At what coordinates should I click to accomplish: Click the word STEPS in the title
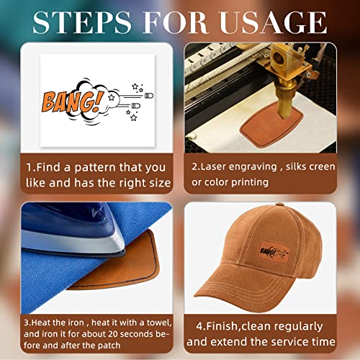click(x=82, y=22)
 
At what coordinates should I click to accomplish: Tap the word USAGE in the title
click(x=273, y=22)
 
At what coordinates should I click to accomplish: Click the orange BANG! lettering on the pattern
click(x=73, y=102)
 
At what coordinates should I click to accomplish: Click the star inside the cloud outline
click(x=111, y=97)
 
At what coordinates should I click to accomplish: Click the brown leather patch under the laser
click(x=271, y=125)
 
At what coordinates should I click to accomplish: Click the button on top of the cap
click(x=279, y=204)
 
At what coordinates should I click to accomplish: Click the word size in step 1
click(x=160, y=183)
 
